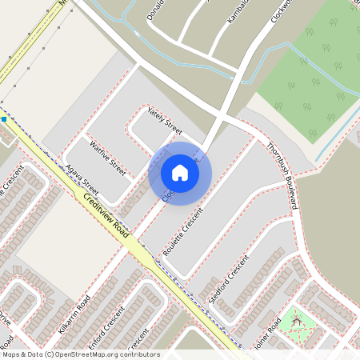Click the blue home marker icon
click(x=180, y=173)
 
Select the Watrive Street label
click(x=108, y=158)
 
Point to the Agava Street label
click(x=82, y=181)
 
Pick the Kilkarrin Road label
click(x=74, y=315)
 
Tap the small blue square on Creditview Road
click(x=4, y=119)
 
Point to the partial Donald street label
click(x=156, y=10)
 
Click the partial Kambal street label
click(x=238, y=10)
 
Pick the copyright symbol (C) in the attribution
click(x=49, y=354)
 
